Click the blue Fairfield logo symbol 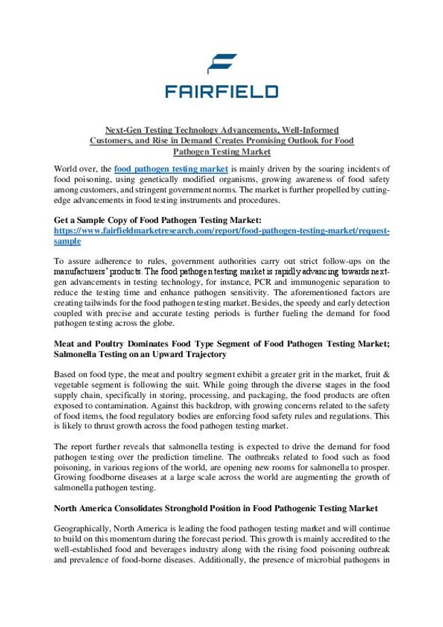point(222,63)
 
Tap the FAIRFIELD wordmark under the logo point(221,91)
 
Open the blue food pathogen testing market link point(171,168)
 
